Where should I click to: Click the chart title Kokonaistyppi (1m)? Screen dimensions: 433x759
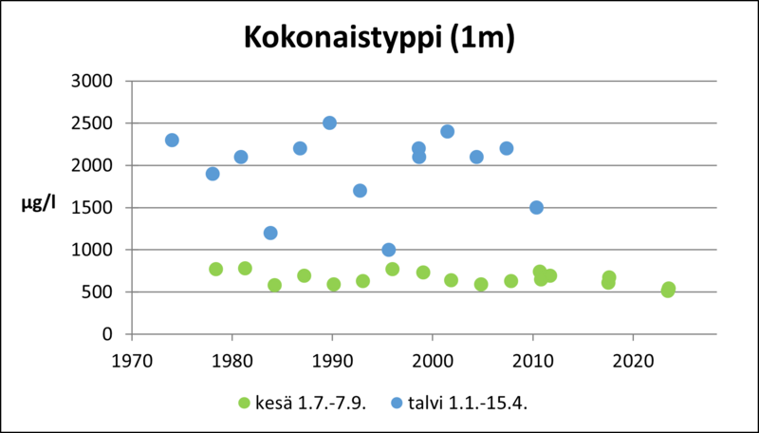coord(379,37)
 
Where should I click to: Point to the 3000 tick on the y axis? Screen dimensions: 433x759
coord(94,81)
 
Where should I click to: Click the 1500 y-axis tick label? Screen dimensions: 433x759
coord(94,208)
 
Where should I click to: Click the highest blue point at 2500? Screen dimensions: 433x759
coord(329,122)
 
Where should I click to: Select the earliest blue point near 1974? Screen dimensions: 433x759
coord(172,140)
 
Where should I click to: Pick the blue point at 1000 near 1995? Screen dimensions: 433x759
coord(388,250)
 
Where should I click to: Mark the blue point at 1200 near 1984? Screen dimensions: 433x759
coord(270,233)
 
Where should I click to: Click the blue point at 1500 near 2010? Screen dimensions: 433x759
coord(536,207)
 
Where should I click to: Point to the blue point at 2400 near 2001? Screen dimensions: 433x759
coord(447,131)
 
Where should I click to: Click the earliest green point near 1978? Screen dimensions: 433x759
coord(215,269)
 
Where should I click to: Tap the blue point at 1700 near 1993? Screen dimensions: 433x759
coord(360,190)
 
